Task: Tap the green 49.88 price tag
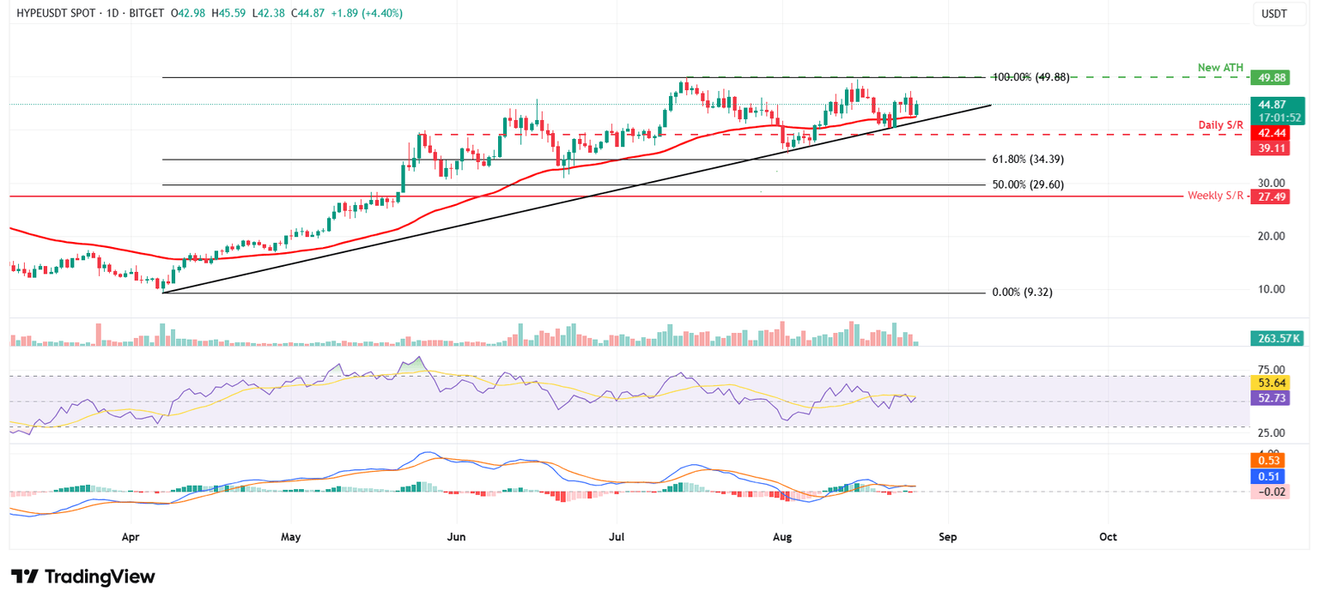(1269, 78)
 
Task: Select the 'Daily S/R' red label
(1220, 125)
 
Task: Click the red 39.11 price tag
(1269, 148)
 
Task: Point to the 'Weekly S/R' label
(1215, 196)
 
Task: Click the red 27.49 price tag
(1269, 196)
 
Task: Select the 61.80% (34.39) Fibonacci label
(1027, 160)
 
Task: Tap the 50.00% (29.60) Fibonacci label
(1027, 184)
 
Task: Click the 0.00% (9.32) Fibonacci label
(1022, 293)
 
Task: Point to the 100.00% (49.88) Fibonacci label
(1030, 77)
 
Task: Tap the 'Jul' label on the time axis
(616, 537)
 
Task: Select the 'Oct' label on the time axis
(1108, 537)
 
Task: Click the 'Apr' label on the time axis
(131, 537)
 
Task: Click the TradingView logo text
(99, 577)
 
